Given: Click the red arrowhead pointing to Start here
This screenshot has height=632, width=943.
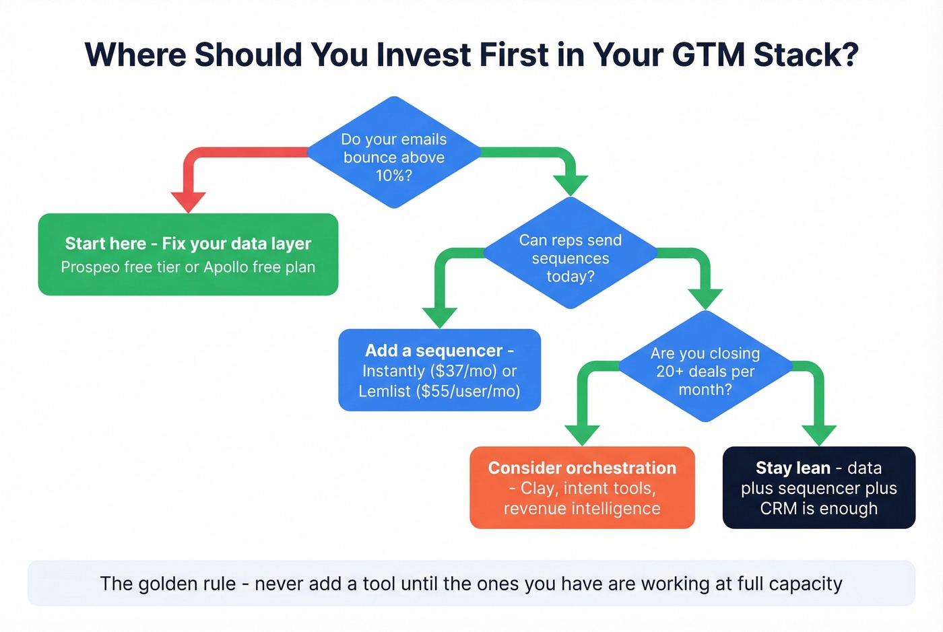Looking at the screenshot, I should click(x=188, y=201).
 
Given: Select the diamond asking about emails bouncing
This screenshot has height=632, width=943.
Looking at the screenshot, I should click(x=394, y=153).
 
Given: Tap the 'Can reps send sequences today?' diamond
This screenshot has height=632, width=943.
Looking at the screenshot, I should click(x=571, y=254).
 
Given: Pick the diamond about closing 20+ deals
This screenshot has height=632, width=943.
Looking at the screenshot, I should click(x=705, y=367).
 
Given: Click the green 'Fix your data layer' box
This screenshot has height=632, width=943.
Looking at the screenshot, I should click(x=188, y=254).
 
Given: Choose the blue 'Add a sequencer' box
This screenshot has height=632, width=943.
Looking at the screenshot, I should click(x=439, y=370).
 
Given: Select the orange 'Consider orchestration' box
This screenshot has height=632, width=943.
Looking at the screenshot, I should click(x=582, y=487).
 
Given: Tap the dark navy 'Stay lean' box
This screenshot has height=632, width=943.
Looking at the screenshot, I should click(x=818, y=487).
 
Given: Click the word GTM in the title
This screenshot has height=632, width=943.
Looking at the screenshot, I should click(x=709, y=55).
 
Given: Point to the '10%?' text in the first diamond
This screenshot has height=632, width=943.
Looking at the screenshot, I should click(x=394, y=176).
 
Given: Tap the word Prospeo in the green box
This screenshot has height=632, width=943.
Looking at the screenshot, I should click(x=90, y=267).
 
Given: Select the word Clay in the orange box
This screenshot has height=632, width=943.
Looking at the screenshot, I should click(x=538, y=488).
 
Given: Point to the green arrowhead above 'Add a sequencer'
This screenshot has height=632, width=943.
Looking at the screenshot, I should click(x=439, y=316).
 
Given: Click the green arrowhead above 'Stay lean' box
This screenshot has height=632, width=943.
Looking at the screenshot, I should click(x=819, y=434).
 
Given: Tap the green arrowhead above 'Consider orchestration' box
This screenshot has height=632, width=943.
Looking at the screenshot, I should click(x=582, y=434).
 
